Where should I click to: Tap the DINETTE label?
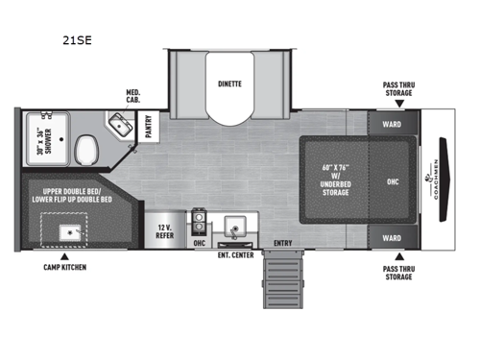pos(228,84)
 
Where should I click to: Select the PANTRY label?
pos(150,127)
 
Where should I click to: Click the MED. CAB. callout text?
pos(133,98)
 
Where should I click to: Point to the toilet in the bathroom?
pos(85,149)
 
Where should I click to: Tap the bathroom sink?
pos(120,125)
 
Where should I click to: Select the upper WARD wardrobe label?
pos(391,123)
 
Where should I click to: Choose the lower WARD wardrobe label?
pos(391,238)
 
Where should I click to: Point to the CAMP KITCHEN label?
pos(64,266)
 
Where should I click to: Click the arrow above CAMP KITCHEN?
pos(64,255)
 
